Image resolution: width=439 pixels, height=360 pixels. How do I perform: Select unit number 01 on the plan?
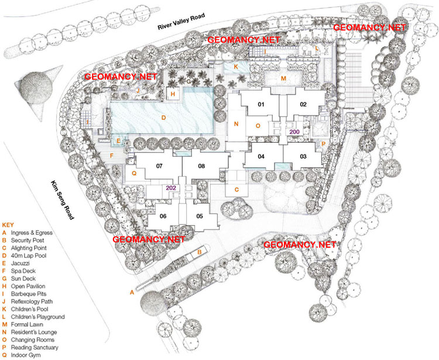pyautogui.click(x=262, y=105)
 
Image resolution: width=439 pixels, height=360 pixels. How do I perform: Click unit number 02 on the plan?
pyautogui.click(x=303, y=105)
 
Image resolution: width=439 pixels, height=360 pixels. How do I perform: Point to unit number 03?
pyautogui.click(x=303, y=156)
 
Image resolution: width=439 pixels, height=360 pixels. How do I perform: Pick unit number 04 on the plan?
pyautogui.click(x=262, y=156)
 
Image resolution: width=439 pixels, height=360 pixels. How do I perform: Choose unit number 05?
pyautogui.click(x=200, y=216)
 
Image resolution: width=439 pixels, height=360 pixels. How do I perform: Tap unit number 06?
pyautogui.click(x=163, y=216)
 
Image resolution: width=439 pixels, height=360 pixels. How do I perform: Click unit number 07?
pyautogui.click(x=159, y=166)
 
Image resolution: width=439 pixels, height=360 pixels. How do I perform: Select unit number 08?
pyautogui.click(x=201, y=166)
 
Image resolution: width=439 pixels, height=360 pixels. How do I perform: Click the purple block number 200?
pyautogui.click(x=294, y=132)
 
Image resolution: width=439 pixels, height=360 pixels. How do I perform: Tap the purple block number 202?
pyautogui.click(x=171, y=188)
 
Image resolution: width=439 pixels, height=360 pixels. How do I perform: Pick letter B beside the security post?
pyautogui.click(x=200, y=252)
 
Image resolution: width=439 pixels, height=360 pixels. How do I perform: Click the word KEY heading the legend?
pyautogui.click(x=8, y=225)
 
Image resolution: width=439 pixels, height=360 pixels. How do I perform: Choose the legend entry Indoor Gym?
pyautogui.click(x=27, y=355)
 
